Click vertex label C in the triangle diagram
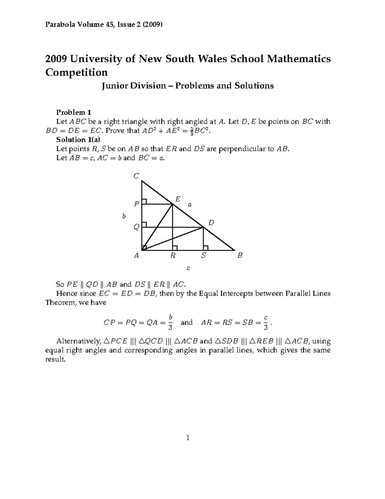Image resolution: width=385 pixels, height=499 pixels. (x=136, y=176)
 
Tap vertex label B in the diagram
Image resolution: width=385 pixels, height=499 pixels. (x=240, y=256)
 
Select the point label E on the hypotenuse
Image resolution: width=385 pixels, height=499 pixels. (x=178, y=199)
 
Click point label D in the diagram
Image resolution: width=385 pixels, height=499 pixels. (x=211, y=223)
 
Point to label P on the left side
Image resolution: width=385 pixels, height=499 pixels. (x=137, y=204)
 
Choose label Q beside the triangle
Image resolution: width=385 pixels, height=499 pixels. (x=136, y=227)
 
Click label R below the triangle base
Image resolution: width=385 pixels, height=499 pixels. (x=173, y=256)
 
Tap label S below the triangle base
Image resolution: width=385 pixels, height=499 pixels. (x=203, y=256)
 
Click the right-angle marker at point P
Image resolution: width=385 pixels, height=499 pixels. (x=144, y=201)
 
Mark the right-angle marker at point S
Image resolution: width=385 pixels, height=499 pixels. (x=206, y=248)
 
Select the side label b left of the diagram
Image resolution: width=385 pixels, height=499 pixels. (x=124, y=216)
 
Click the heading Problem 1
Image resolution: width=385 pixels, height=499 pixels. (x=74, y=112)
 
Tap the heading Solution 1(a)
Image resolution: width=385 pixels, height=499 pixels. (x=78, y=139)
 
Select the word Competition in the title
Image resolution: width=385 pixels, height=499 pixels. (x=76, y=72)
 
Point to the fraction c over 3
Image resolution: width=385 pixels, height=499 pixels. (x=265, y=323)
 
